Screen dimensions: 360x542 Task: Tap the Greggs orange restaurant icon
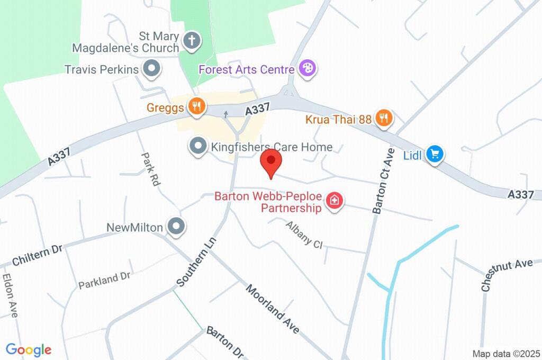(196, 106)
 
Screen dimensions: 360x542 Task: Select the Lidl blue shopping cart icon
(435, 155)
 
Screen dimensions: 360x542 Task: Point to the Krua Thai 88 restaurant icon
(383, 118)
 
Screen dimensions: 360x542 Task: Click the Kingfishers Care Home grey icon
(198, 146)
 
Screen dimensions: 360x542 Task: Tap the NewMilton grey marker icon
(176, 227)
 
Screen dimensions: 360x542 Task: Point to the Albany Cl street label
(304, 235)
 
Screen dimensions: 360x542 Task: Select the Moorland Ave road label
(273, 309)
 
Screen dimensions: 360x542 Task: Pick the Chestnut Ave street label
(506, 274)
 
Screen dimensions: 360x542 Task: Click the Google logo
(29, 350)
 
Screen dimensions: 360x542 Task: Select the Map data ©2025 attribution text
(505, 353)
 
